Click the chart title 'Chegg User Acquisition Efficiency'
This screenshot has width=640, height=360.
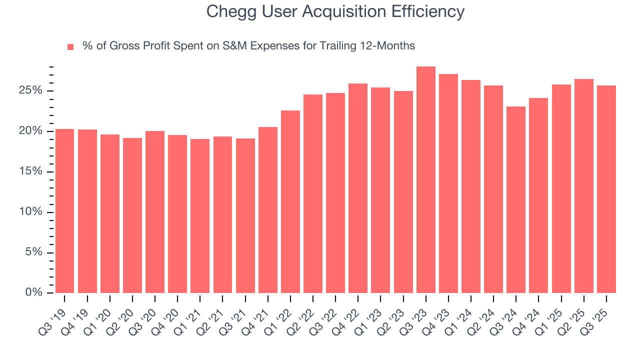click(x=335, y=12)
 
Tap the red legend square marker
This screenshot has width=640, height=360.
click(x=70, y=46)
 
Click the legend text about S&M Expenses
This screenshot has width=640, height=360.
click(x=248, y=46)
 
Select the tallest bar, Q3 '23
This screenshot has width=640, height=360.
click(x=425, y=180)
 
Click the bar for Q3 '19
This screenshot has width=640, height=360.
click(x=64, y=211)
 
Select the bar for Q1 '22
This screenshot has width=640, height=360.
click(x=290, y=201)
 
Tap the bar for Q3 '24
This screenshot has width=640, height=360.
click(x=516, y=199)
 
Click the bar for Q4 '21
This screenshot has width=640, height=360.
click(x=267, y=210)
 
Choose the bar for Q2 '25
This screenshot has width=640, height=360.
click(x=583, y=186)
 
